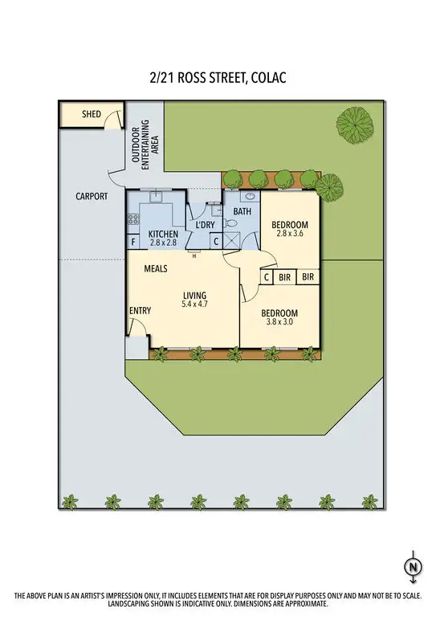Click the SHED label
tap(92, 114)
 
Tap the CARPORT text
tap(92, 195)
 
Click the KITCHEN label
tap(163, 234)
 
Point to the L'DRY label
tap(205, 227)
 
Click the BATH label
tap(242, 211)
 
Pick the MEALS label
tap(156, 268)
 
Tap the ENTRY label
tap(140, 311)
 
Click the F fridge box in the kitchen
tap(133, 242)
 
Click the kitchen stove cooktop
tap(133, 217)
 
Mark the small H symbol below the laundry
tap(194, 256)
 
